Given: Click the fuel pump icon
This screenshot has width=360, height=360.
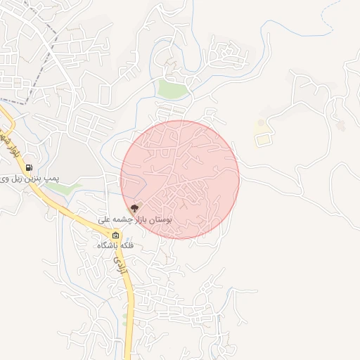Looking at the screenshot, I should click(29, 167).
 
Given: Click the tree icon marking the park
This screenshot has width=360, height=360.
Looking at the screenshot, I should click(134, 208).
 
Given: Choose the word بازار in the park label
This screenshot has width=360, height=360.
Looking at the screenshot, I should click(136, 220).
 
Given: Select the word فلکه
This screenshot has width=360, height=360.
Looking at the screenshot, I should click(127, 247).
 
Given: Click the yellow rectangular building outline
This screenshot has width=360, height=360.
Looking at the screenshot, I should click(262, 139).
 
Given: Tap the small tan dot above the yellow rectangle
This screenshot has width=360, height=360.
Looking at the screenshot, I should click(261, 123).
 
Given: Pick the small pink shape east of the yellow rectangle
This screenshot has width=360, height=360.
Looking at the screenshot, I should click(342, 126).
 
